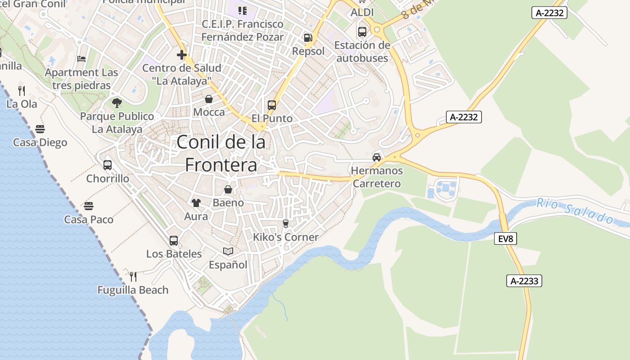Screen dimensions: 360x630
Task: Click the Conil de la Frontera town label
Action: point(221,153)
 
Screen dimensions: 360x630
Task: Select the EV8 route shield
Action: point(505,238)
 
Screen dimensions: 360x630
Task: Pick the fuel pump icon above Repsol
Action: point(308,38)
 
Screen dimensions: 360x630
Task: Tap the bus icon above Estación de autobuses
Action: point(362,32)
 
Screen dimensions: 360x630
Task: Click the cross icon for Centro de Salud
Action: point(182,55)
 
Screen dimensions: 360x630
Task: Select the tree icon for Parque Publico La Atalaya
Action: point(117,103)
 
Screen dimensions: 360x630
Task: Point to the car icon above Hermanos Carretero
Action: point(377,157)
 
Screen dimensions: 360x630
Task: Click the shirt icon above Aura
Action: point(196,203)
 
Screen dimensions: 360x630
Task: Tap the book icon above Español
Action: point(228,251)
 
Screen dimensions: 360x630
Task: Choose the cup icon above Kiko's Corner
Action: point(285,224)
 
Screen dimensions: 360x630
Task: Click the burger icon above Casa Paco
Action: point(89,206)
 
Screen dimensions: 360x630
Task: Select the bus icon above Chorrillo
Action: point(108,165)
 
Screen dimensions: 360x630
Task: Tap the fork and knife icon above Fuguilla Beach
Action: point(133,276)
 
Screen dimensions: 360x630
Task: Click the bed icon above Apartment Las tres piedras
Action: point(81,58)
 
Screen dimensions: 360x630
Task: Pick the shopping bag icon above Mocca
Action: point(209,99)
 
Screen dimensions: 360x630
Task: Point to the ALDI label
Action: point(362,12)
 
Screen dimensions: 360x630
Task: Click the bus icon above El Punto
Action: point(272,105)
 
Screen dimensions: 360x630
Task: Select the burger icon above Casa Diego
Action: point(40,129)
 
